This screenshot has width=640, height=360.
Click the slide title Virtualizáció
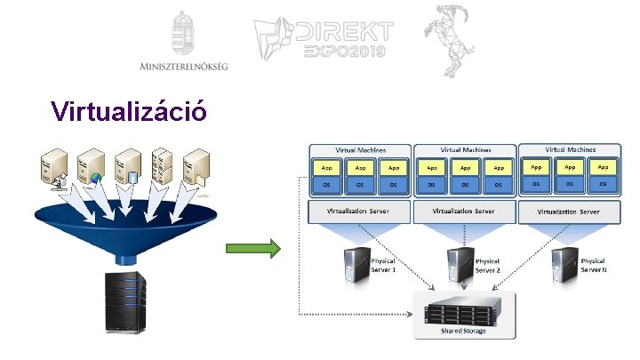[130, 111]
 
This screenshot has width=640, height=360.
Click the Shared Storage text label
[464, 331]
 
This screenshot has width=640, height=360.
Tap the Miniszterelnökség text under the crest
[184, 66]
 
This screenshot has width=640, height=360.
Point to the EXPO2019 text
[344, 52]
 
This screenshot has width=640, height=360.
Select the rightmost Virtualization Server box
[569, 212]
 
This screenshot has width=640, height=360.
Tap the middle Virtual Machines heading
[464, 149]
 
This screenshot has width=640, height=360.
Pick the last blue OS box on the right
[603, 184]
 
